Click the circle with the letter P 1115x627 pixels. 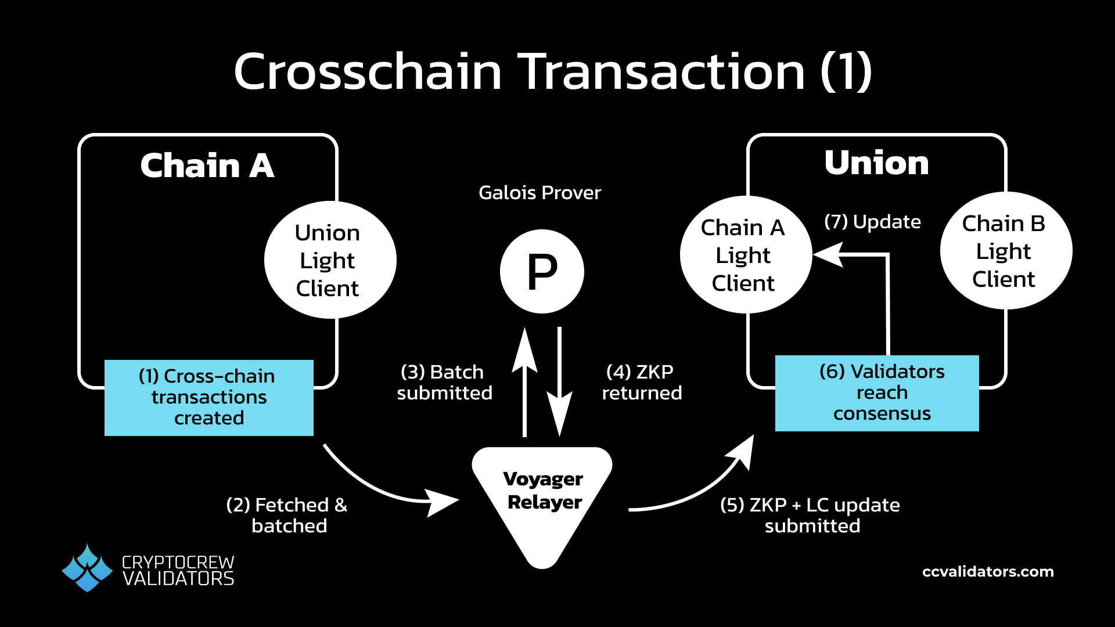click(542, 271)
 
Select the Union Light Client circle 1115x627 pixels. click(330, 260)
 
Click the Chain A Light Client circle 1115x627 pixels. click(745, 255)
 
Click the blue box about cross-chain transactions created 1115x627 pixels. click(209, 398)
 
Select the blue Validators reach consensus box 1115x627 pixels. click(877, 393)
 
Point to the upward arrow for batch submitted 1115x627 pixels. click(525, 383)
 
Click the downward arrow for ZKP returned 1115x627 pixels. click(559, 383)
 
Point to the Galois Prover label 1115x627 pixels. click(539, 193)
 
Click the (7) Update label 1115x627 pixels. click(872, 222)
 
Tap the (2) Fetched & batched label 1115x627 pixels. click(287, 515)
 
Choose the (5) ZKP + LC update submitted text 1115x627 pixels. click(810, 515)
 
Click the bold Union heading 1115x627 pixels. click(876, 163)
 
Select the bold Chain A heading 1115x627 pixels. click(207, 166)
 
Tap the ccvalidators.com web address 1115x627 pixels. click(988, 572)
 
